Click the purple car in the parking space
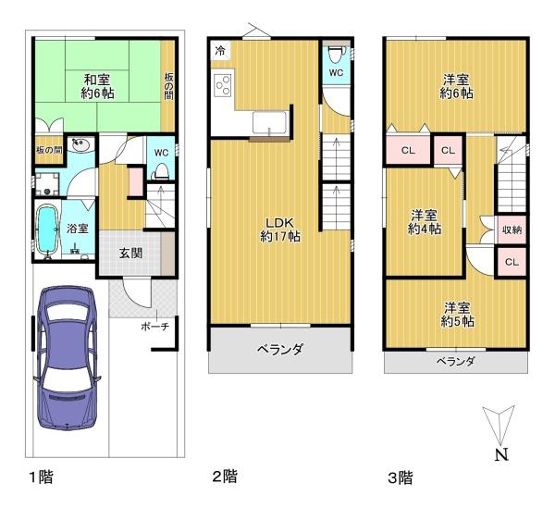[x=67, y=357]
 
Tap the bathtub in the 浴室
[x=47, y=229]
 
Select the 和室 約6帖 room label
[x=97, y=86]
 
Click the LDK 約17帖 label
[x=280, y=229]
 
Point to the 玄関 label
[x=130, y=254]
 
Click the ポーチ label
[x=155, y=326]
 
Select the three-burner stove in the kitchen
[x=223, y=83]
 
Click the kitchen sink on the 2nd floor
[x=270, y=122]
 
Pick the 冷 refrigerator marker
[x=220, y=50]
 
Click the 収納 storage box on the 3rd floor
[x=512, y=229]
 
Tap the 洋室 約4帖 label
[x=424, y=222]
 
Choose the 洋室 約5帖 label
[x=457, y=315]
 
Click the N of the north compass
[x=501, y=454]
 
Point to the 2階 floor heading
[x=225, y=477]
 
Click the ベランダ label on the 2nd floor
[x=280, y=350]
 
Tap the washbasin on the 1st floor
[x=81, y=144]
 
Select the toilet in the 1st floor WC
[x=161, y=171]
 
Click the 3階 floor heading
[x=401, y=477]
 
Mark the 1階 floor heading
[x=41, y=477]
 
